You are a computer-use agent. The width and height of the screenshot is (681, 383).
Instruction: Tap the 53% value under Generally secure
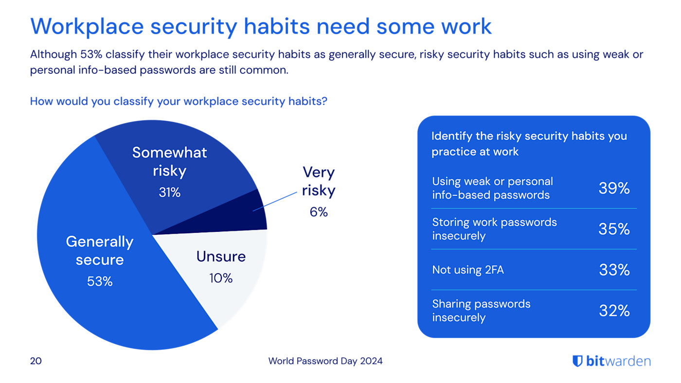pyautogui.click(x=100, y=281)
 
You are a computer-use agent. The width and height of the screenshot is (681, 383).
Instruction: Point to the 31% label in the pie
pyautogui.click(x=169, y=192)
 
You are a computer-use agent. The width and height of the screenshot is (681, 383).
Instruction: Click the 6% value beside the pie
pyautogui.click(x=319, y=212)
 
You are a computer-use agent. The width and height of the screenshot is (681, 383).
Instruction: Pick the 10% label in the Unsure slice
pyautogui.click(x=221, y=278)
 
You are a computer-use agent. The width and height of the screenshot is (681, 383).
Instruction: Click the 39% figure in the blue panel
pyautogui.click(x=614, y=188)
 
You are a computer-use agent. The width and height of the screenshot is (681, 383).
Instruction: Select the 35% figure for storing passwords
pyautogui.click(x=614, y=229)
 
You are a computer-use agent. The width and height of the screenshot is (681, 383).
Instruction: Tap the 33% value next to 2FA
pyautogui.click(x=614, y=270)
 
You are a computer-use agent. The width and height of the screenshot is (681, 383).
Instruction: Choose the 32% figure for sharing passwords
pyautogui.click(x=614, y=311)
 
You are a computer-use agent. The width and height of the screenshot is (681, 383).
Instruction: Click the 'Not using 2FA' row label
pyautogui.click(x=468, y=270)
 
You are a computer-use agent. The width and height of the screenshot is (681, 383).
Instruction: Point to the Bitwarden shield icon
pyautogui.click(x=577, y=361)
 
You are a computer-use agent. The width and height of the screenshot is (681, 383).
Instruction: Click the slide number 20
pyautogui.click(x=36, y=361)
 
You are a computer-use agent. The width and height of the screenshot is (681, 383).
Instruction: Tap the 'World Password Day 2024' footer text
pyautogui.click(x=325, y=361)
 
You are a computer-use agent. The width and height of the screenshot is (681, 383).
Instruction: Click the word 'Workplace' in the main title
pyautogui.click(x=86, y=26)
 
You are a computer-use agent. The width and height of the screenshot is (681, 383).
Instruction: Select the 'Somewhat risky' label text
pyautogui.click(x=169, y=161)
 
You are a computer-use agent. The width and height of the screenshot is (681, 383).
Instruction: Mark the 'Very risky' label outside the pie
pyautogui.click(x=319, y=181)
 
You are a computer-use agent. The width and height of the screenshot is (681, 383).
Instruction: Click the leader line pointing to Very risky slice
pyautogui.click(x=275, y=201)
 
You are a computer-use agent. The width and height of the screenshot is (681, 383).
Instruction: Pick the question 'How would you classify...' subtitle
pyautogui.click(x=179, y=102)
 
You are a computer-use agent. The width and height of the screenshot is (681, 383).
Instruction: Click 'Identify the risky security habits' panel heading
pyautogui.click(x=529, y=143)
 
